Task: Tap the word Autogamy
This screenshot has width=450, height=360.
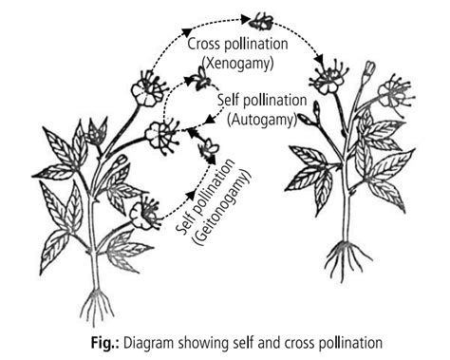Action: [261, 118]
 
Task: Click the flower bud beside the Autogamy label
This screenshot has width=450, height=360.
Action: [307, 122]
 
